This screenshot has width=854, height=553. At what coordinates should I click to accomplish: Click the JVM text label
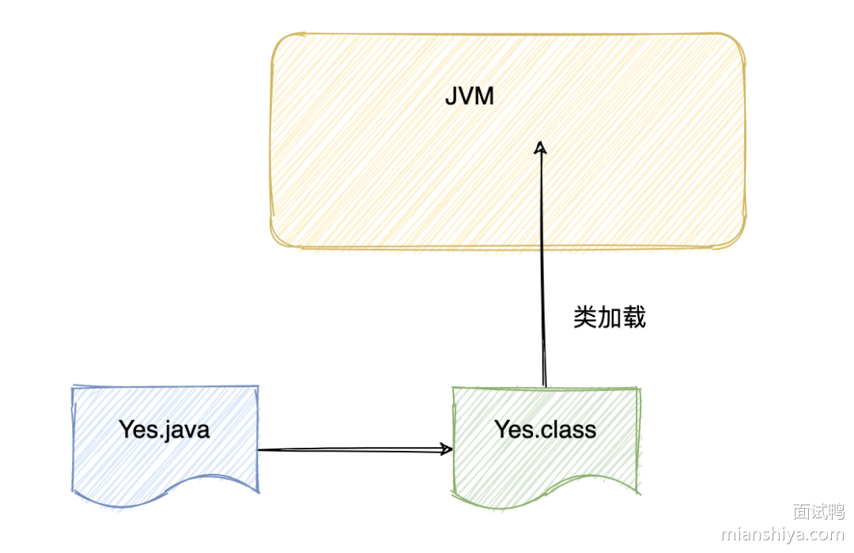tap(469, 97)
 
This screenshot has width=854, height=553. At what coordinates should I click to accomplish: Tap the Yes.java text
tap(164, 429)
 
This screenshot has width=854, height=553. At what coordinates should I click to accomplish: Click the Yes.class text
tap(545, 429)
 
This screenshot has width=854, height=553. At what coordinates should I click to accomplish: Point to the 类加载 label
tap(609, 317)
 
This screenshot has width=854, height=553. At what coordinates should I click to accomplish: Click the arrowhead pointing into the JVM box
tap(541, 147)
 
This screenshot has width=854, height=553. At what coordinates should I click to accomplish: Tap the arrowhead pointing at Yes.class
tap(447, 449)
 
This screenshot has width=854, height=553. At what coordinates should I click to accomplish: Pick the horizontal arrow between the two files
tap(352, 449)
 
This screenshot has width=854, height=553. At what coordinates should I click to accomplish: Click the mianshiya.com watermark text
tap(783, 535)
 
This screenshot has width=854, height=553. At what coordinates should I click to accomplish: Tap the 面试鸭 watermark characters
tap(818, 511)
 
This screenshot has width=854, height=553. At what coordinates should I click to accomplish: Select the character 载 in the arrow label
tap(634, 317)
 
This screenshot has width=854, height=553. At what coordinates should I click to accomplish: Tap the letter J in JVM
tap(450, 97)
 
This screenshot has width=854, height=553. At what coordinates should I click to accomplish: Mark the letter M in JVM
tap(485, 97)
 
